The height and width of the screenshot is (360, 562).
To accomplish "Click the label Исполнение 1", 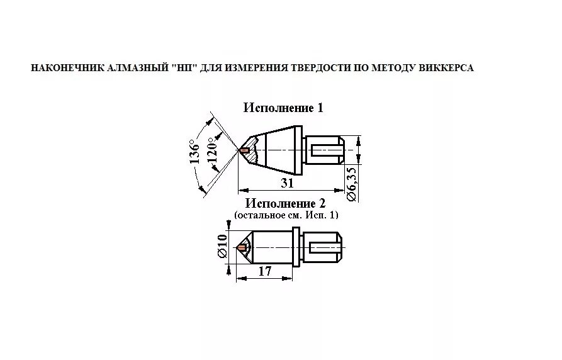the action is (283, 108).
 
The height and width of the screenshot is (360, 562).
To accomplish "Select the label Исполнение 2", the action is (286, 203).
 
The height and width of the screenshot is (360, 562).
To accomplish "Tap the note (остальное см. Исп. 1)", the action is (286, 215).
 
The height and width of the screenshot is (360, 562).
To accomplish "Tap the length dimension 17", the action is (264, 271).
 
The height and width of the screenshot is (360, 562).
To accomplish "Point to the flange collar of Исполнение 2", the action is (296, 249).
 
